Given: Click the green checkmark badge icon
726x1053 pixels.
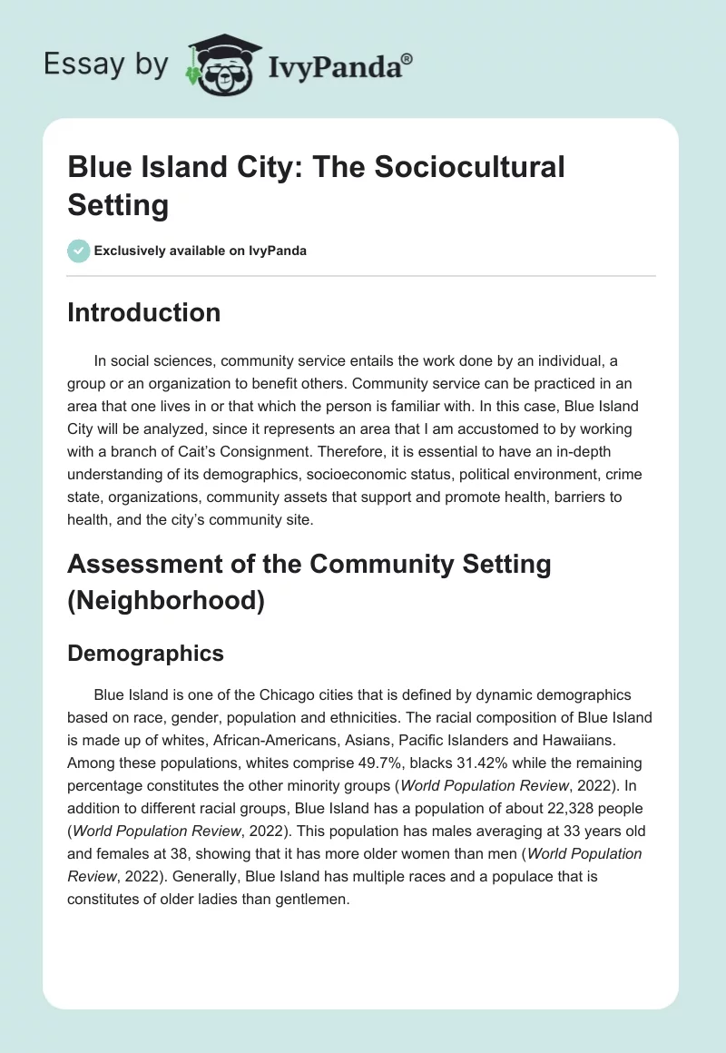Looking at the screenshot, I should [x=79, y=251].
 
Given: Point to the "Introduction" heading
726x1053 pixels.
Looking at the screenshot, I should [x=143, y=312].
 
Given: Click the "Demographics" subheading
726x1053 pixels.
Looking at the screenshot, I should [x=145, y=654].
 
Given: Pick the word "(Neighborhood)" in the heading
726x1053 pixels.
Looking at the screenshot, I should [x=165, y=600].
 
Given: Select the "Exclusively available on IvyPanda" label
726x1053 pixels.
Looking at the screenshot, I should [x=201, y=251].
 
